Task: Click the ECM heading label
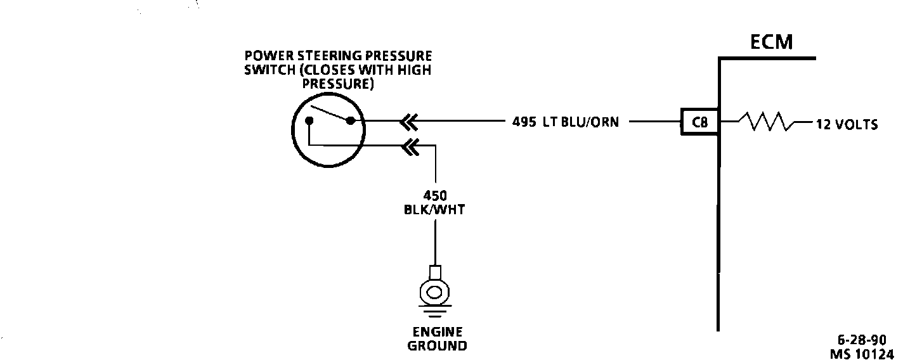click(771, 42)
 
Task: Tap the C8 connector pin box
click(700, 122)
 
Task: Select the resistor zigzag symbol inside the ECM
click(767, 121)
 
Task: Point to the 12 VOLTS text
click(847, 124)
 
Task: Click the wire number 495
click(524, 122)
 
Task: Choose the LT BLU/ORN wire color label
click(581, 122)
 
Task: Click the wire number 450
click(435, 196)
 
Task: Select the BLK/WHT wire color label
click(434, 210)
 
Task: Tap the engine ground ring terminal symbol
click(434, 292)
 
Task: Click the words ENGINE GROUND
click(437, 339)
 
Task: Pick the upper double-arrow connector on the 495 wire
click(409, 121)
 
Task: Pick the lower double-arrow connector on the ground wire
click(410, 146)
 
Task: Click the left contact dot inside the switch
click(309, 120)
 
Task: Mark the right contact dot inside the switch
click(351, 120)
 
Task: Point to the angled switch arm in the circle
click(328, 112)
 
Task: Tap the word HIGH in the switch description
click(415, 70)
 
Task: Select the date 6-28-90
click(862, 340)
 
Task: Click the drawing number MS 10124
click(862, 354)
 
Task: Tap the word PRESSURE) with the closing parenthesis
click(338, 84)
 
